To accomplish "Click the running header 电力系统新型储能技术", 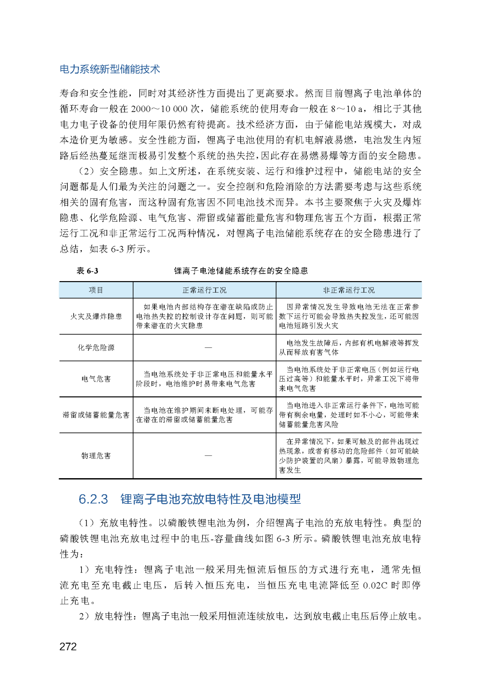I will [110, 69].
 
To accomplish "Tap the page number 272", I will [68, 646].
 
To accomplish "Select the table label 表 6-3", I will [87, 271].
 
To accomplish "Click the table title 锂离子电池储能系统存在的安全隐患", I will [241, 271].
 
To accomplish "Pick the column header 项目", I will [96, 290].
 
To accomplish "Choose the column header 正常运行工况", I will [204, 290].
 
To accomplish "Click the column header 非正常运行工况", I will [349, 290].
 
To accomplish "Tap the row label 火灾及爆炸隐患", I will [96, 316].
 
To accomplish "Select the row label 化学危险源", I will [96, 347].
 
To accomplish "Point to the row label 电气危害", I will [96, 379].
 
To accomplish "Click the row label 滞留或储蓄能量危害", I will [96, 415].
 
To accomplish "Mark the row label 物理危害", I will [96, 455].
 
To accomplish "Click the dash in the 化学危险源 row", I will [208, 347].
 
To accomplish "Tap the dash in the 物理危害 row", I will [208, 455].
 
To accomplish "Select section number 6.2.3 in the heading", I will [93, 499].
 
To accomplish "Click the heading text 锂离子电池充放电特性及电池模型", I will [210, 499].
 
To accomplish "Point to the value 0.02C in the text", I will [375, 585].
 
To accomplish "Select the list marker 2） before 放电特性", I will [84, 616].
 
